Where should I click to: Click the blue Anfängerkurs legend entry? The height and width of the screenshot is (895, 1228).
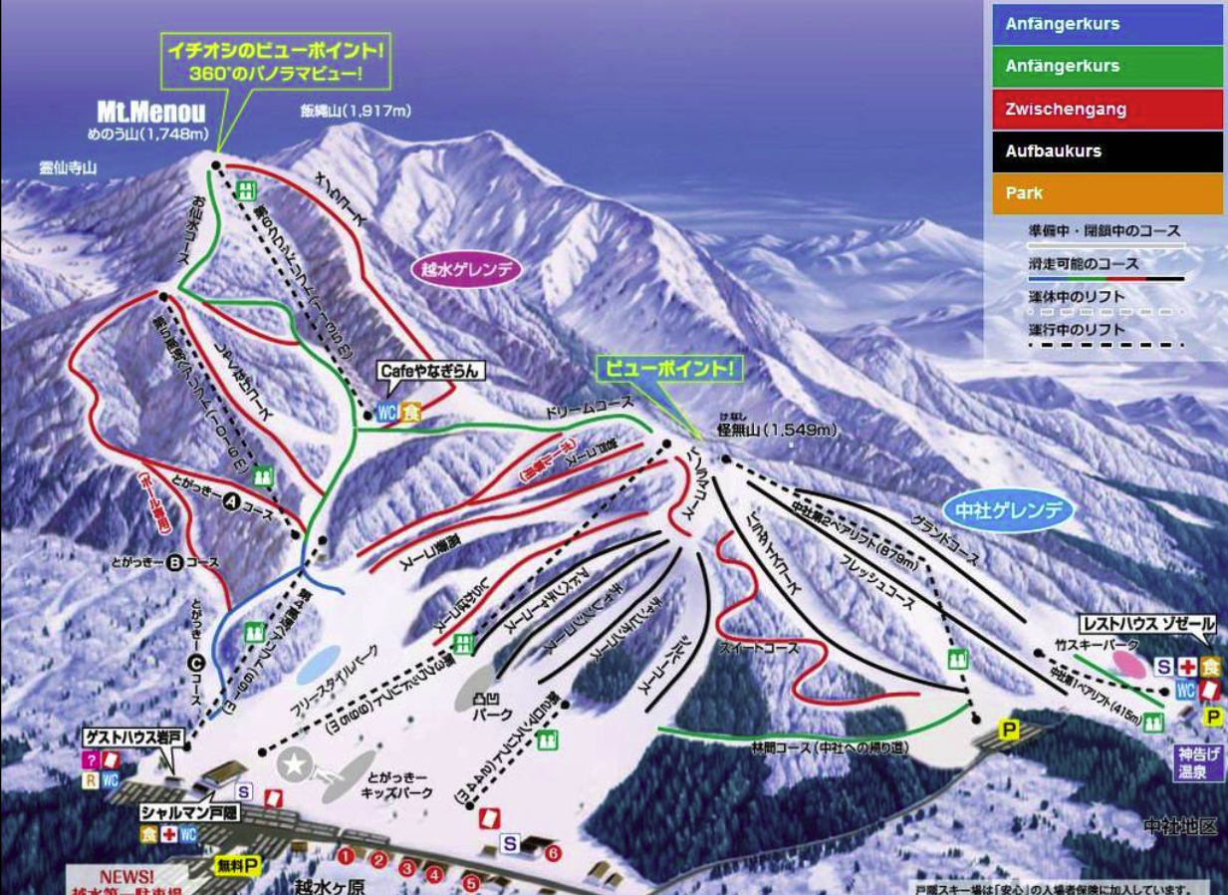(x=1106, y=24)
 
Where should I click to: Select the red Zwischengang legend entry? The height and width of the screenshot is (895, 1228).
(x=1106, y=110)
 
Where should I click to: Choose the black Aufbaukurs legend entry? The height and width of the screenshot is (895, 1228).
(x=1106, y=151)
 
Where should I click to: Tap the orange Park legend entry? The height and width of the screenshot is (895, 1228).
(x=1106, y=193)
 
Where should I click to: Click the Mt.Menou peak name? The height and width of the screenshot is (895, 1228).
(x=151, y=113)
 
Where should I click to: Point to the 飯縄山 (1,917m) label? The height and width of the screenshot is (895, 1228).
(x=356, y=112)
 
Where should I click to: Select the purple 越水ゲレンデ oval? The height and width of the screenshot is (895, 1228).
(x=466, y=270)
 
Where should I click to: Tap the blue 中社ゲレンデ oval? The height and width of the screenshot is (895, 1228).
(x=1010, y=512)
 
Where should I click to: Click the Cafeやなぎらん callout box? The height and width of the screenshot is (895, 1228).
(x=429, y=371)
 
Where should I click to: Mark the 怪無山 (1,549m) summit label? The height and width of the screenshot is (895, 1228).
(x=777, y=431)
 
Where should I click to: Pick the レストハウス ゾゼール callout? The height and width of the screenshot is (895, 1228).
(x=1147, y=624)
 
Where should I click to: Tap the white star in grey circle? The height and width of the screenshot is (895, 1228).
(x=296, y=766)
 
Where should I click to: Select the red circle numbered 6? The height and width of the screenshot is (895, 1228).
(x=554, y=853)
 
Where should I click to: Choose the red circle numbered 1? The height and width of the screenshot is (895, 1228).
(x=346, y=855)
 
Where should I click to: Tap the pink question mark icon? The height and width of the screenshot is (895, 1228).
(x=91, y=759)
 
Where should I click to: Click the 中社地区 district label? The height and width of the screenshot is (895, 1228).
(x=1179, y=826)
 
